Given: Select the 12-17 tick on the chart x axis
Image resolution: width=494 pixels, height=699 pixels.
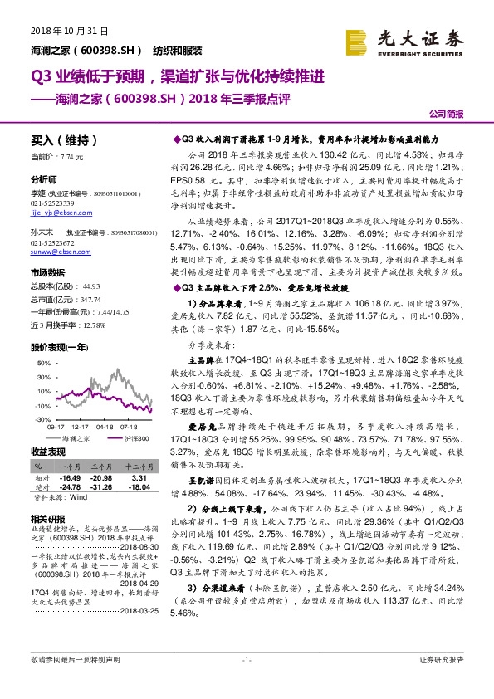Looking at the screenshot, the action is pos(81,427).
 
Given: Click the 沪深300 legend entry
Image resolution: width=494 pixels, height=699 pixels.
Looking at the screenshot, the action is pos(135,437).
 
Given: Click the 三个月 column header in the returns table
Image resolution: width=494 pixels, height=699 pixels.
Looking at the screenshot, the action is pos(102,468).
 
